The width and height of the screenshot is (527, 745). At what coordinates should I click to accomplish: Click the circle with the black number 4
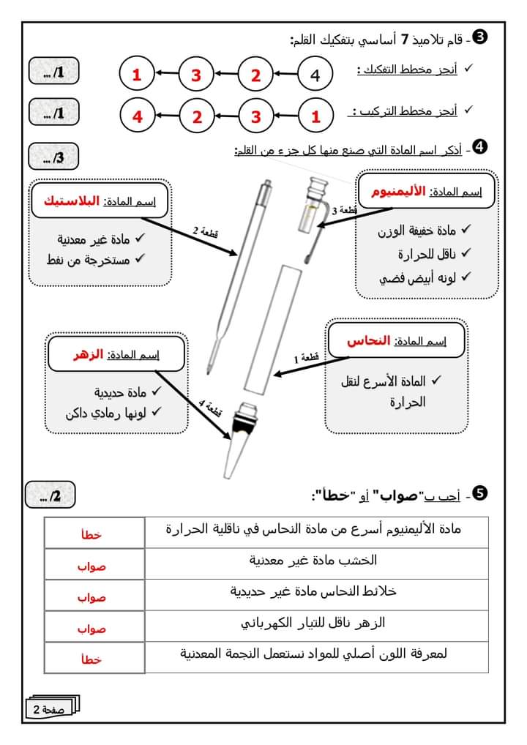[x=315, y=75]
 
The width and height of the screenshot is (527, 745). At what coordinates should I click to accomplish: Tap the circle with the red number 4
[x=137, y=116]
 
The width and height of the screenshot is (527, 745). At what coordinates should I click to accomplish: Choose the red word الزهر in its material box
[x=85, y=355]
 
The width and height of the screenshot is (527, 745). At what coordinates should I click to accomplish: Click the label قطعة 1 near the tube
[x=306, y=359]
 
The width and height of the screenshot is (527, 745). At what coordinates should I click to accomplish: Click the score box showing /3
[x=53, y=157]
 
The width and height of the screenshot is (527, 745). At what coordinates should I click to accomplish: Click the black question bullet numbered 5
[x=481, y=494]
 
